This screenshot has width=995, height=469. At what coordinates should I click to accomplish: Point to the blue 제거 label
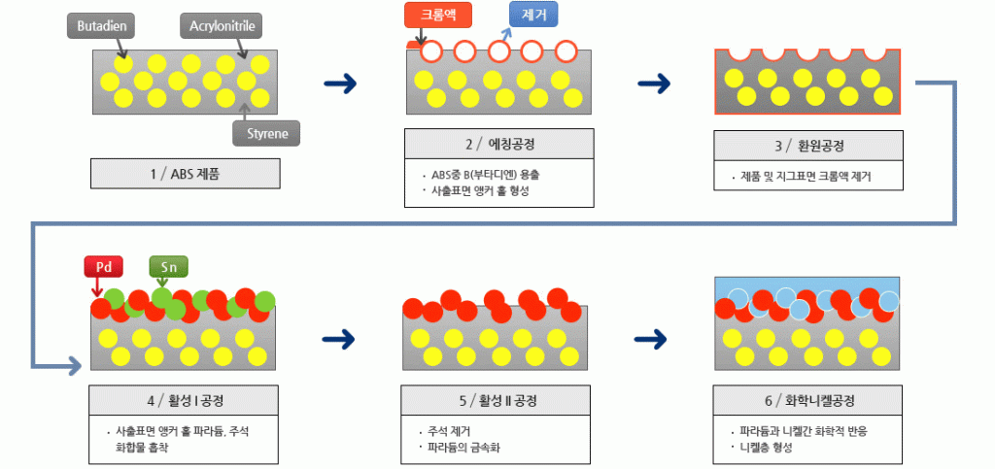pos(533,15)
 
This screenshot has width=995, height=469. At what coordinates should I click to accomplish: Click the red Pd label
pos(100,266)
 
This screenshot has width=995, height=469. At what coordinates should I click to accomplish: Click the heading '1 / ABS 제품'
pos(186,174)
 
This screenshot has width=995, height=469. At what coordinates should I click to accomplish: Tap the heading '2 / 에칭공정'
pos(499,144)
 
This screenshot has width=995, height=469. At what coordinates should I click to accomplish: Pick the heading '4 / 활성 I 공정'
pos(186,400)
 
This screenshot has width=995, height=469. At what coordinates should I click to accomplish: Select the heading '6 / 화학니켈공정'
pos(809,400)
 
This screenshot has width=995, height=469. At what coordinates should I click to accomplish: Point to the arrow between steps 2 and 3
pos(654,84)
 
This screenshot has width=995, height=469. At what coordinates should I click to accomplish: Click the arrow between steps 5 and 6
pos(654,339)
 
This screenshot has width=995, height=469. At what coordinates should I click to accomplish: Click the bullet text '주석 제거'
pos(449,430)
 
